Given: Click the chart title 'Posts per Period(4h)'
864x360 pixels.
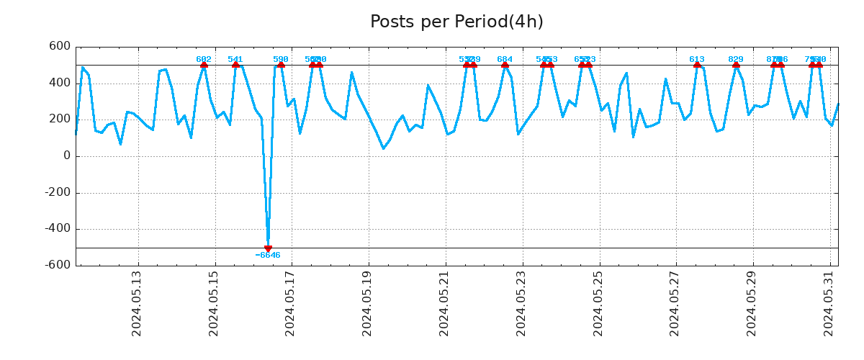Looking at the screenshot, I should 456,22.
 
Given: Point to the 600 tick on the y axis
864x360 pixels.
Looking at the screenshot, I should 59,46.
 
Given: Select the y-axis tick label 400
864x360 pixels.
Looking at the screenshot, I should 59,83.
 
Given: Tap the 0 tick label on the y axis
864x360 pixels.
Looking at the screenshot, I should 67,156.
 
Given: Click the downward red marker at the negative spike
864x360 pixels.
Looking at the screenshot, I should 268,248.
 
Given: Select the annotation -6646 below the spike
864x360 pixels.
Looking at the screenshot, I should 268,256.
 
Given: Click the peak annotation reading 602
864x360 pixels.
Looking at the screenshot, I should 204,59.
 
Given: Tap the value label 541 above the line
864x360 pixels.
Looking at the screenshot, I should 235,59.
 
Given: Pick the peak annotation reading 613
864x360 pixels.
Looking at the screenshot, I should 697,59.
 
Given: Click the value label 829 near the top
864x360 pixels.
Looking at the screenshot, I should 736,59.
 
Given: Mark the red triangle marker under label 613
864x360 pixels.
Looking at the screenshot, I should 697,65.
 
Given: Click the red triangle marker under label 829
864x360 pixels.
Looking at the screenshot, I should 736,65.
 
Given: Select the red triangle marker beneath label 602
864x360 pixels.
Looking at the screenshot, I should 204,65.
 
